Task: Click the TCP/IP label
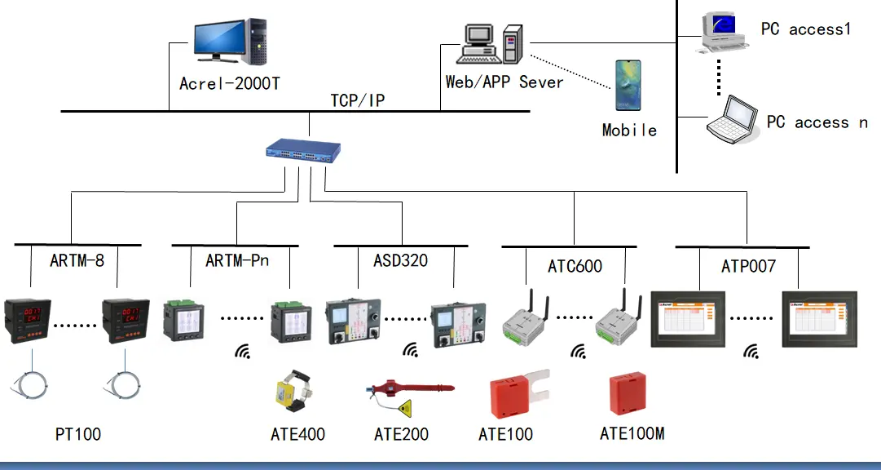[357, 101]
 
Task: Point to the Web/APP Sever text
[504, 82]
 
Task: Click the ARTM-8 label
[77, 261]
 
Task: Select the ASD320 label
[400, 261]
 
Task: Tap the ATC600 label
[575, 267]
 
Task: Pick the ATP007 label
[748, 267]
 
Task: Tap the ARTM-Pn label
[237, 261]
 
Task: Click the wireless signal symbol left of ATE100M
[578, 351]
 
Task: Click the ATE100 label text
[505, 434]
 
